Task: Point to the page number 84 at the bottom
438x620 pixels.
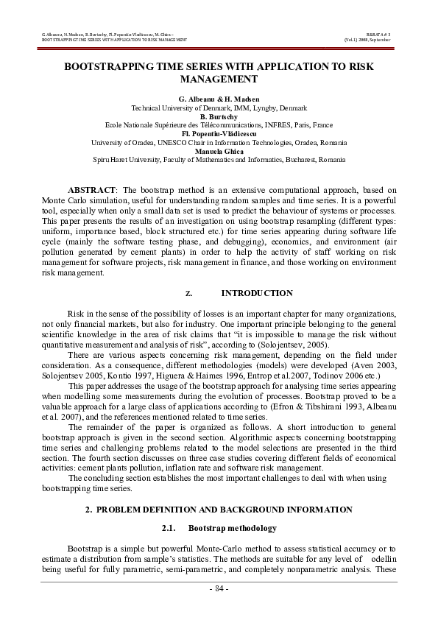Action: tap(219, 589)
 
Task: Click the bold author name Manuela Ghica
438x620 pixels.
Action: tap(219, 150)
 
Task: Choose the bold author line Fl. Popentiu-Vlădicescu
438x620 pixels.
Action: tap(219, 134)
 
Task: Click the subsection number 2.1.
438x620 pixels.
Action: tap(169, 529)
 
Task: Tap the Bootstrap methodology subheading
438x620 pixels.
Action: tap(233, 529)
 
